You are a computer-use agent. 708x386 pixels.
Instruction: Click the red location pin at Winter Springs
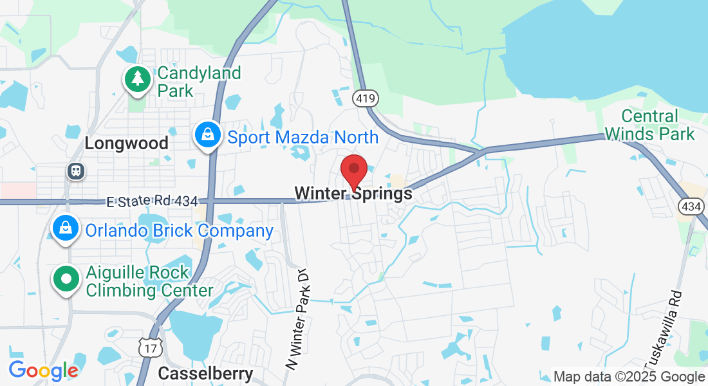353,169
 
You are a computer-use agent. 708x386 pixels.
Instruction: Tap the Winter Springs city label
353,194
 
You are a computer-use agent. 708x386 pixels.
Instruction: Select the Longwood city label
126,143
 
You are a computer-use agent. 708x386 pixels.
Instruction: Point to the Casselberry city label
205,373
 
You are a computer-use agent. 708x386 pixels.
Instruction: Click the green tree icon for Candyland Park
138,79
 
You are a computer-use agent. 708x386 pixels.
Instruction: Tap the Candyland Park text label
199,82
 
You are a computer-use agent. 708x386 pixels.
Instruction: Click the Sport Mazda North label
303,137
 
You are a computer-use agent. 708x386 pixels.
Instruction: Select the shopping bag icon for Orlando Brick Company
66,228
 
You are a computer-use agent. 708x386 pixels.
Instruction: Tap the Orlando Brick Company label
179,230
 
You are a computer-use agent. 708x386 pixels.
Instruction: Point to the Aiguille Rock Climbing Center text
149,282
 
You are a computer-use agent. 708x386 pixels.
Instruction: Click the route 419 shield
365,98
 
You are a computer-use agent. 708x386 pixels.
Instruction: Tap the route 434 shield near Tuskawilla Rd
689,207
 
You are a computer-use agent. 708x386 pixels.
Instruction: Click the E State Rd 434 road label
152,201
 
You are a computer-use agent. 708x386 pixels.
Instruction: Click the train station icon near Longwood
76,171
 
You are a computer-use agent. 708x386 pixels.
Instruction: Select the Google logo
43,371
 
